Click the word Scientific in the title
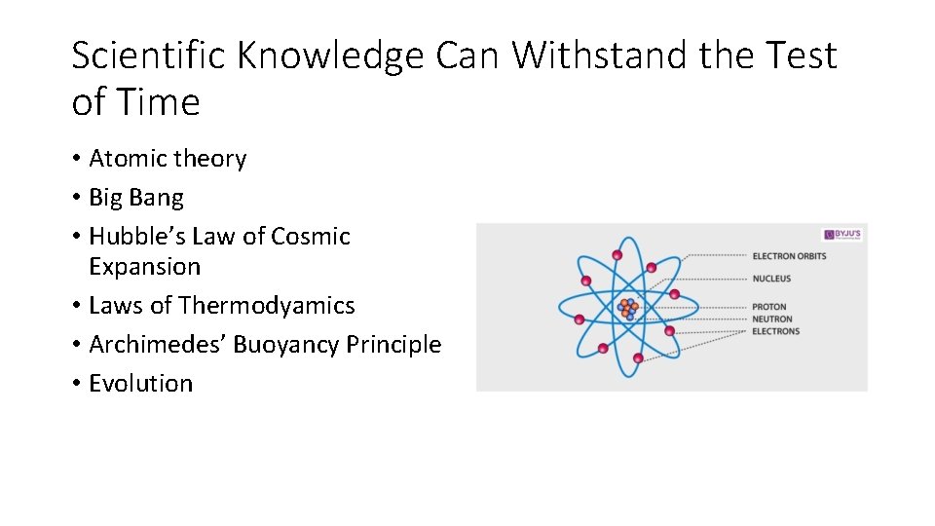[150, 56]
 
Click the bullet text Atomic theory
[168, 159]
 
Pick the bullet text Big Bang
[135, 198]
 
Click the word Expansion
[144, 266]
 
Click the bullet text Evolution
[140, 383]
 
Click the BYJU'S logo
[843, 236]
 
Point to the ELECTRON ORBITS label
[789, 256]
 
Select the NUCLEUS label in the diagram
[771, 279]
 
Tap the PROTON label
[769, 307]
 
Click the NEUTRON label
[772, 319]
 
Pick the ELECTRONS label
[775, 331]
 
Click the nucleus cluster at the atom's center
[628, 308]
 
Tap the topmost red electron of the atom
[617, 255]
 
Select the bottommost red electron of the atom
[638, 358]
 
